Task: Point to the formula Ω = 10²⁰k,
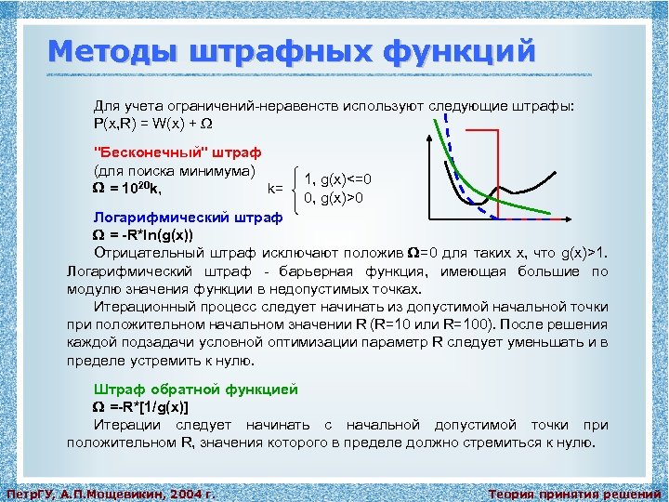[x=127, y=190]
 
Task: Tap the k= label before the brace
[x=276, y=189]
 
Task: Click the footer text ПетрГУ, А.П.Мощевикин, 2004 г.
[x=111, y=492]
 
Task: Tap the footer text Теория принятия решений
[x=574, y=492]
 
